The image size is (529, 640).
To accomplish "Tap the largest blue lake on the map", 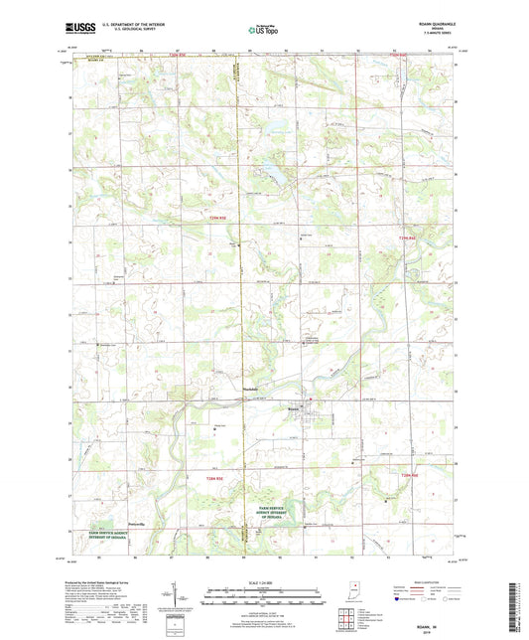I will point(268,171).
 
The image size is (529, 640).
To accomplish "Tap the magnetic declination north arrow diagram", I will point(187,596).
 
